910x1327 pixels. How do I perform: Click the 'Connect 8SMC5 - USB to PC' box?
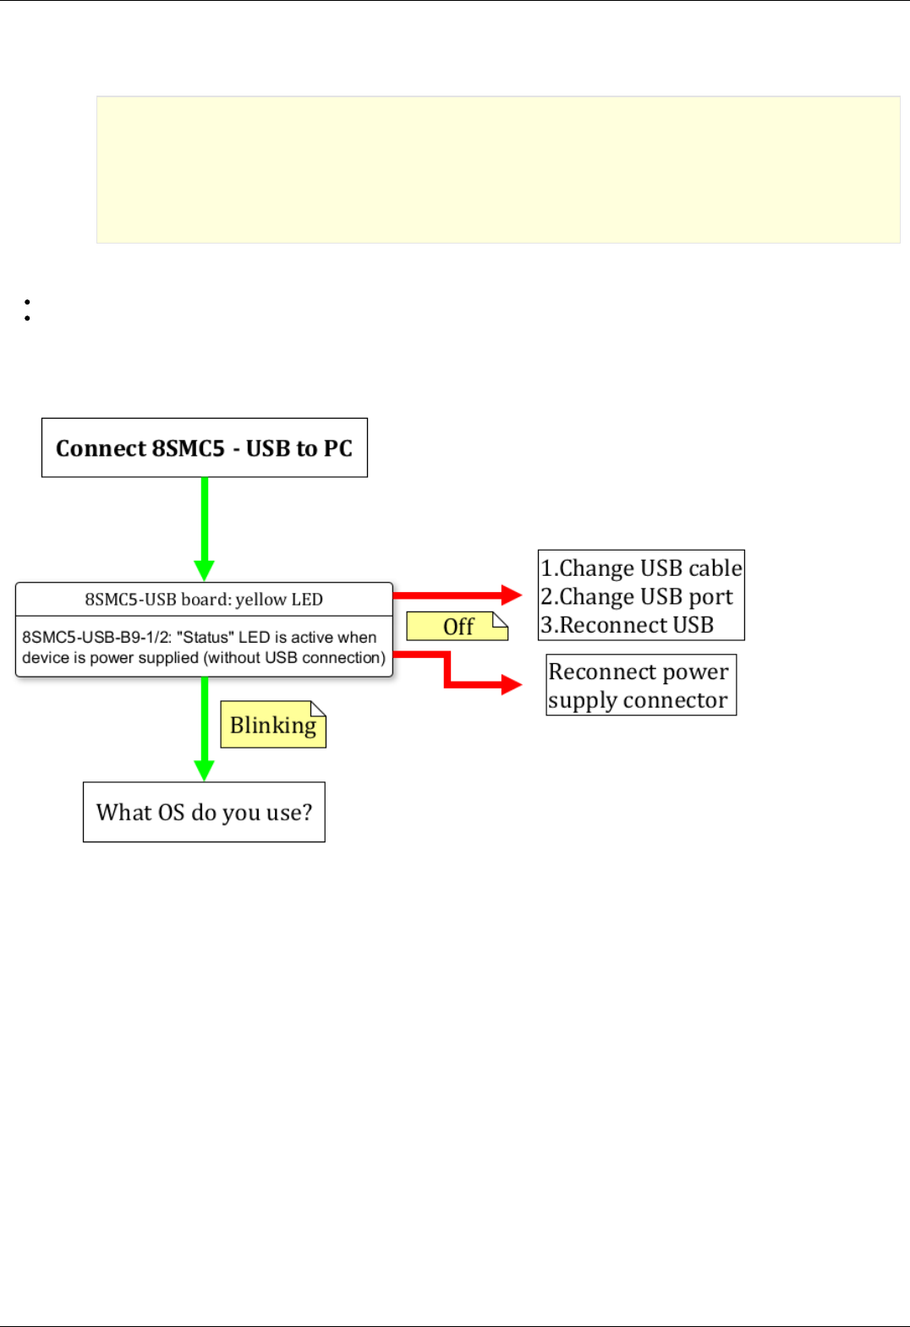coord(204,447)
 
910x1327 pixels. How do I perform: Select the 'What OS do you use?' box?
coord(204,812)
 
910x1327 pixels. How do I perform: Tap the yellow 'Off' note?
coord(457,627)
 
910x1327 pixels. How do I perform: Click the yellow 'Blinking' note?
coord(272,725)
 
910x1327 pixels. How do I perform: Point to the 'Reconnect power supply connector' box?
coord(640,685)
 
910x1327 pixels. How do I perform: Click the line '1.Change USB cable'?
coord(641,568)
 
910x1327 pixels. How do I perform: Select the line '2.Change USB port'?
coord(636,596)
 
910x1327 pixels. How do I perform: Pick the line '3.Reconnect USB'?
coord(628,625)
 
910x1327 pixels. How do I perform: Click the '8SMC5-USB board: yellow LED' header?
coord(204,600)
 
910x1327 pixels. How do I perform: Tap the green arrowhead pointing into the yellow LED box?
coord(204,569)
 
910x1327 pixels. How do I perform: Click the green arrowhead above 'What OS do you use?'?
coord(204,770)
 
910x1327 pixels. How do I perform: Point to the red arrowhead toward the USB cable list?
coord(512,595)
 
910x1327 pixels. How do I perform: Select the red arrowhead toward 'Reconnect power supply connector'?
coord(512,684)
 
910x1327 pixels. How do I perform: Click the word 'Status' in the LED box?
coord(206,638)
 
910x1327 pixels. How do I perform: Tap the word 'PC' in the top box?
coord(338,448)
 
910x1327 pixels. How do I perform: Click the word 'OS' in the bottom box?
coord(171,813)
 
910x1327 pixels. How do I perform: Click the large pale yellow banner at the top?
coord(498,169)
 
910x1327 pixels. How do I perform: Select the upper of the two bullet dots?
coord(28,302)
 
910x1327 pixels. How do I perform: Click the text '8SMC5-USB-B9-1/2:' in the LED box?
coord(96,638)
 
